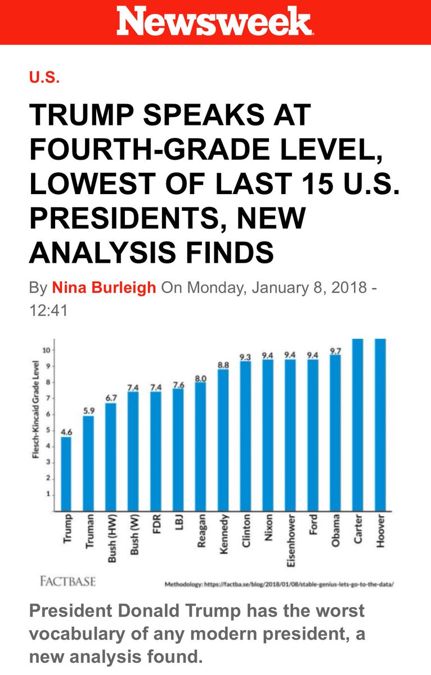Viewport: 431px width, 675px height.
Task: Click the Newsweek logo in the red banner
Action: point(214,21)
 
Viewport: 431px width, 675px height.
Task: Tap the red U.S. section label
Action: point(44,78)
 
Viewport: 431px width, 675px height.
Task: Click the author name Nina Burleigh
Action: point(104,287)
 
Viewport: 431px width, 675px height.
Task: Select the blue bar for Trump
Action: point(66,474)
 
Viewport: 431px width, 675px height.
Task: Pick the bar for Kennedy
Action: point(223,440)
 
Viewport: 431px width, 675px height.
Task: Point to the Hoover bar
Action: point(380,425)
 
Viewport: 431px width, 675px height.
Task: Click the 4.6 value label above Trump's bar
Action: point(66,432)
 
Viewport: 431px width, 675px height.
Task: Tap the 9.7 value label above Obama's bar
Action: point(335,351)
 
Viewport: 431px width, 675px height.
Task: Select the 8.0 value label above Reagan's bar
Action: point(201,378)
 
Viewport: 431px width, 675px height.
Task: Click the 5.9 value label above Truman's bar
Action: point(88,411)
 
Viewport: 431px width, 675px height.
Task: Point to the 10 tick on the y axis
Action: point(46,350)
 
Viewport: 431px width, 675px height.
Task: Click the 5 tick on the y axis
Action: point(48,431)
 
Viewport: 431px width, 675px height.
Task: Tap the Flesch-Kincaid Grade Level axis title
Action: point(35,409)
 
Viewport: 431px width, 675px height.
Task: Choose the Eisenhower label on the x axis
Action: point(290,541)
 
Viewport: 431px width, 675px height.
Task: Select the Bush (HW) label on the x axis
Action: point(112,538)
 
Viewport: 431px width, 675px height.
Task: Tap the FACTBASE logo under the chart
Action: point(68,581)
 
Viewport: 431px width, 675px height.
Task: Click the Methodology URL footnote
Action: point(279,584)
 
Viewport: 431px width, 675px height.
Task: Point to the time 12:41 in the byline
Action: point(48,310)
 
